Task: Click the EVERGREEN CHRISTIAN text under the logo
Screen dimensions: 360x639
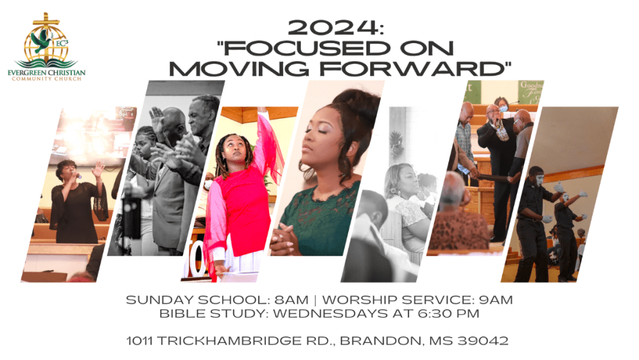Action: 51,72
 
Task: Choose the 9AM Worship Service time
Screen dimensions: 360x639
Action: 495,300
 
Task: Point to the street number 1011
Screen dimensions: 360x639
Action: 141,341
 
